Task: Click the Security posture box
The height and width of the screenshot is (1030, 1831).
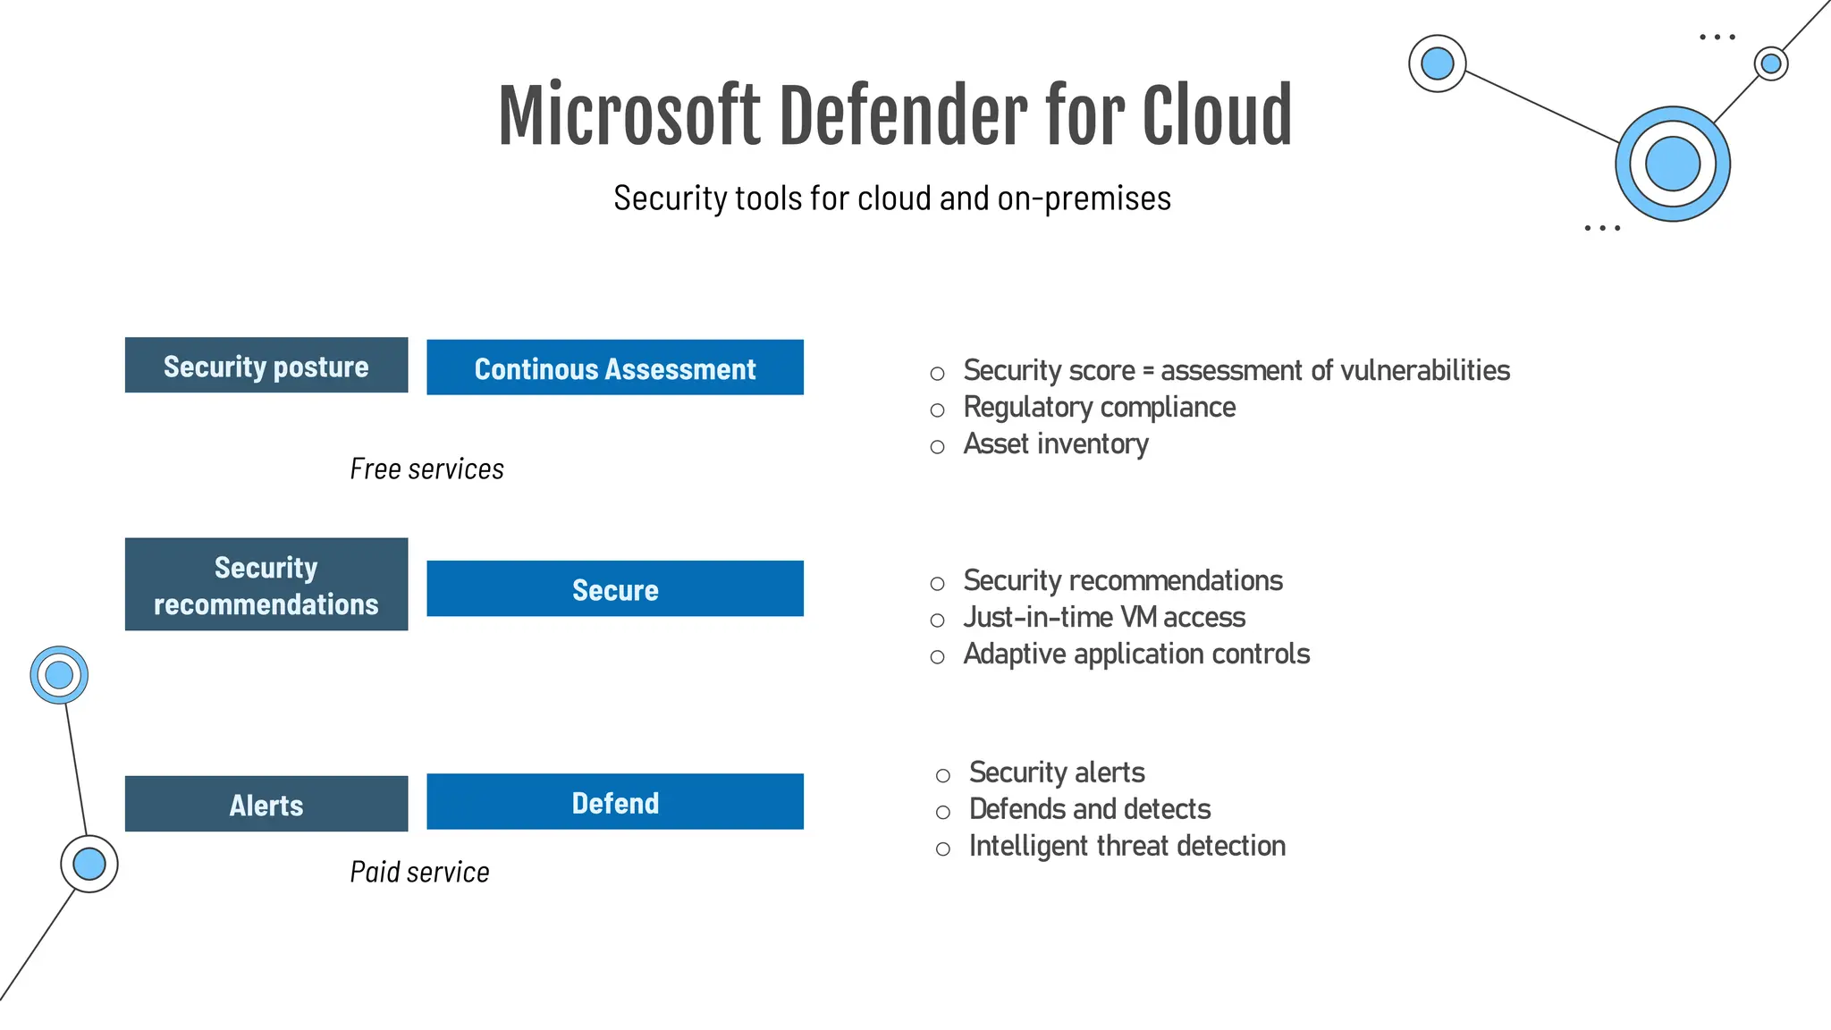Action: pos(266,365)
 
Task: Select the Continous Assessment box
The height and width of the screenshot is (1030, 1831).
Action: pos(615,367)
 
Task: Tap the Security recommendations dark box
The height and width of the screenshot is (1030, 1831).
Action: pos(266,585)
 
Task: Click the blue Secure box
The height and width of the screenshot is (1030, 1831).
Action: pos(615,589)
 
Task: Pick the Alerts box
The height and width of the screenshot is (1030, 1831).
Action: pos(266,804)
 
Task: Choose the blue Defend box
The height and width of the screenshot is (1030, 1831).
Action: pos(615,802)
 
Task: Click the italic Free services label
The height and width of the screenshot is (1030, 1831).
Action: pos(426,469)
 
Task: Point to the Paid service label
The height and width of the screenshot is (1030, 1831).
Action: pos(419,872)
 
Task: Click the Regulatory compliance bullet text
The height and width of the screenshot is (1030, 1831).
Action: pos(1099,408)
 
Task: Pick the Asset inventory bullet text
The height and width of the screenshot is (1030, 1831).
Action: pos(1056,444)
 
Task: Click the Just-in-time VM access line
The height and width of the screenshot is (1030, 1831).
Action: pos(1104,618)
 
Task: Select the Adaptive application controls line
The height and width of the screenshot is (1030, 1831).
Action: pos(1136,654)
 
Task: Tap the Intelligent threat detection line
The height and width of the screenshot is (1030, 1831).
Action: pos(1126,846)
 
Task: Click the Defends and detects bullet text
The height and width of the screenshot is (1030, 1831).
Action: pos(1089,809)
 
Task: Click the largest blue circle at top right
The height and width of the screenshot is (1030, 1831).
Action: pos(1672,165)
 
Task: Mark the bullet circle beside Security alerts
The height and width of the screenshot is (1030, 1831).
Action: pos(942,775)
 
